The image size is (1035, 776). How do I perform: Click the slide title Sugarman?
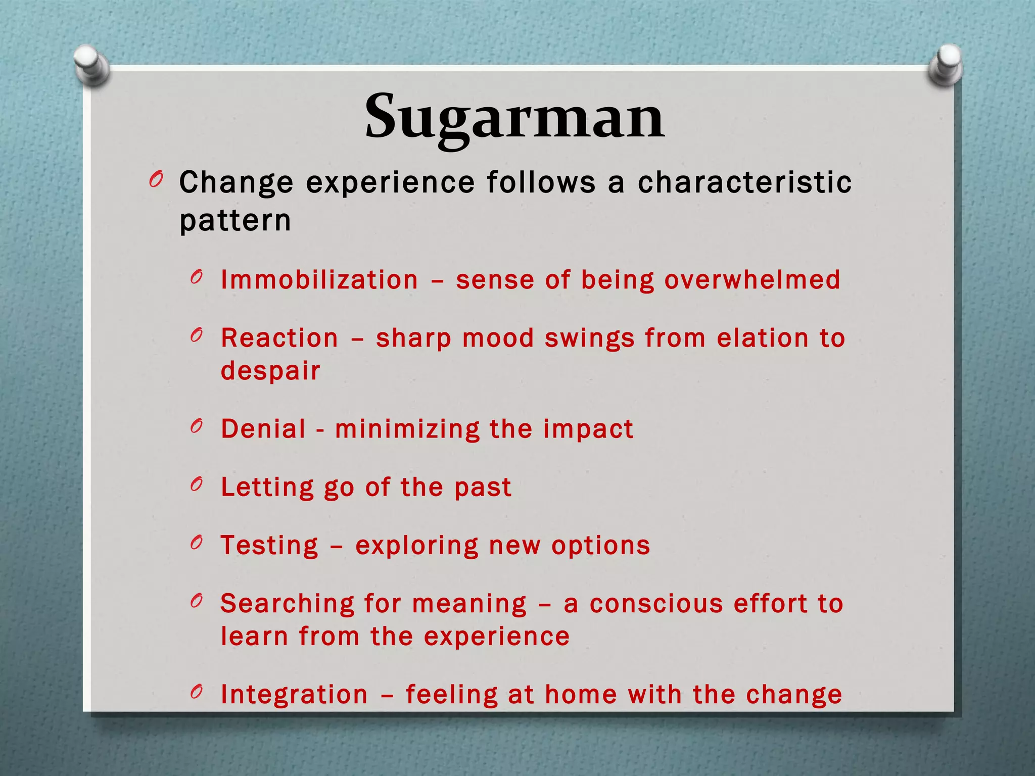point(514,117)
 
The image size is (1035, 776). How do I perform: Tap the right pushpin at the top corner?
point(946,65)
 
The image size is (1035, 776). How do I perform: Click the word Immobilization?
point(319,280)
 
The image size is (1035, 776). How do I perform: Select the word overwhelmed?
point(752,280)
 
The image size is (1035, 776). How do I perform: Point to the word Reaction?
point(279,338)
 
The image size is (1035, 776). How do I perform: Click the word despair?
point(270,371)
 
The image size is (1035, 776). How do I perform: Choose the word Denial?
point(263,429)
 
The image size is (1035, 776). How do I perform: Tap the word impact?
point(588,430)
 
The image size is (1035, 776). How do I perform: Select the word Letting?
point(267,488)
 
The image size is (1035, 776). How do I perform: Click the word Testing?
point(269,546)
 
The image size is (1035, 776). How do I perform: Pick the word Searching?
point(288,604)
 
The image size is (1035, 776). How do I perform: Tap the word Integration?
point(294,695)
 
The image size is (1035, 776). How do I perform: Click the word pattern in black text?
point(235,221)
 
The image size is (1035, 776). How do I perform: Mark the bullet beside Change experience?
point(156,179)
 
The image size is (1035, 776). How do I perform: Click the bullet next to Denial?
point(197,426)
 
